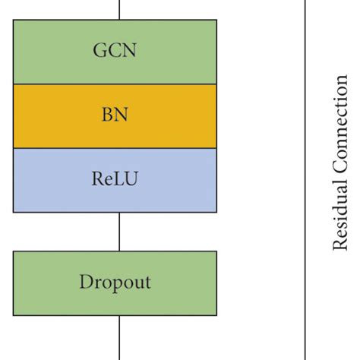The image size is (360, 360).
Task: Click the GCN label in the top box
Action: click(115, 51)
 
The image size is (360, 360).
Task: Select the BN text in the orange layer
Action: click(115, 116)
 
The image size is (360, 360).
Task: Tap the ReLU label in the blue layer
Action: click(115, 180)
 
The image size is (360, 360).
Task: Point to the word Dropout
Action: click(115, 283)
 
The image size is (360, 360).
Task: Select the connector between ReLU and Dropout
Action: click(120, 232)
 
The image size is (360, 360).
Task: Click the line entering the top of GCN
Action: click(120, 9)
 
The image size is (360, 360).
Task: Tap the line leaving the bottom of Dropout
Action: click(120, 338)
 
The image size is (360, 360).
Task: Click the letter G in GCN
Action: click(99, 51)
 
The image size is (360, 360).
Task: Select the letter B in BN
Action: click(108, 116)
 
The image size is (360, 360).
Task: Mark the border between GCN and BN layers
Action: click(115, 84)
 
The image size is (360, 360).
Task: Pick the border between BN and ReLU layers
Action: click(115, 148)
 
